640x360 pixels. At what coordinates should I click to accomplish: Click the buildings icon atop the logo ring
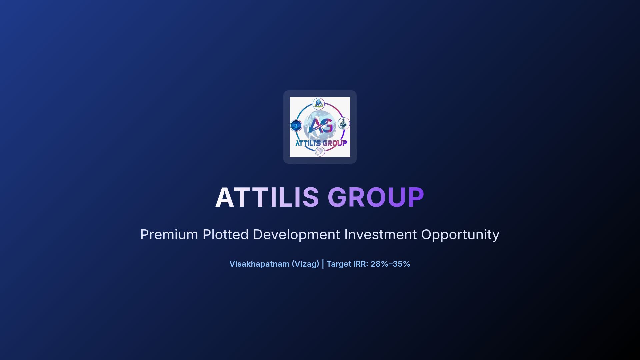319,103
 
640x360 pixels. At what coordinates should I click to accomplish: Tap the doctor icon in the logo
344,123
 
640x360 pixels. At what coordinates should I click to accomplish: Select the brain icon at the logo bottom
320,152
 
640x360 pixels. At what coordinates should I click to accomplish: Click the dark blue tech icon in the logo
296,126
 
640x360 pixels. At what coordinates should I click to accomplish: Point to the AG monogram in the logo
320,126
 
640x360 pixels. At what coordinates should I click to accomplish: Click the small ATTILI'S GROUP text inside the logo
321,143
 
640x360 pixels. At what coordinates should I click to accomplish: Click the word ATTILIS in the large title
267,197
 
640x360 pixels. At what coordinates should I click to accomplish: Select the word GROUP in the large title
376,197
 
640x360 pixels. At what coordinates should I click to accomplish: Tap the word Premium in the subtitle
169,235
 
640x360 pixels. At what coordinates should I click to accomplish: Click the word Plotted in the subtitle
226,235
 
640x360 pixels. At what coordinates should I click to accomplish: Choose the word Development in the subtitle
296,235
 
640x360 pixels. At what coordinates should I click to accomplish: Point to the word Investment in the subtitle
380,235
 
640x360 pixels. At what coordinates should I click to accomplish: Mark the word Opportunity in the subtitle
460,235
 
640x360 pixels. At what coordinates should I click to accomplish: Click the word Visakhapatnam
259,264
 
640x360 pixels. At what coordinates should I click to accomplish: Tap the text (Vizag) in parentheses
305,264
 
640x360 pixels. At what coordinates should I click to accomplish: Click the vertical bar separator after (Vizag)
323,264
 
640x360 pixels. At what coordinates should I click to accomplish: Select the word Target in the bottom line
339,264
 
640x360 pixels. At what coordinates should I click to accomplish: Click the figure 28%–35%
390,264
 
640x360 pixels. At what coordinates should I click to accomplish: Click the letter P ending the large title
416,197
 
